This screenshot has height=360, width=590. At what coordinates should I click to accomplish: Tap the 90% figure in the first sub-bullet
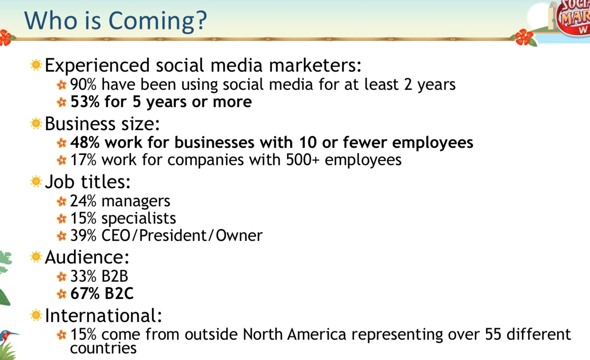pyautogui.click(x=83, y=84)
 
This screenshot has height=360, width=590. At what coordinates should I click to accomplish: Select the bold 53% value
pyautogui.click(x=85, y=102)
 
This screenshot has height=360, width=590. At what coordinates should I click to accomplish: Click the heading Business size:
pyautogui.click(x=102, y=123)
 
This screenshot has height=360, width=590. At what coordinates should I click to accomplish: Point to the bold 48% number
pyautogui.click(x=85, y=142)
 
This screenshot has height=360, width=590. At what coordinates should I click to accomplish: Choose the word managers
pyautogui.click(x=136, y=202)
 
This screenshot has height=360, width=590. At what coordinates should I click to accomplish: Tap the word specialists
pyautogui.click(x=139, y=218)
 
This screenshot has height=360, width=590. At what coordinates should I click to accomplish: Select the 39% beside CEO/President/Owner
pyautogui.click(x=83, y=235)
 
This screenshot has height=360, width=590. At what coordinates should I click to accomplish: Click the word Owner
pyautogui.click(x=239, y=235)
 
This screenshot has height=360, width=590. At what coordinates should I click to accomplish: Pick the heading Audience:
pyautogui.click(x=87, y=257)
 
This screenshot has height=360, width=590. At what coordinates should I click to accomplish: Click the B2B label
pyautogui.click(x=115, y=276)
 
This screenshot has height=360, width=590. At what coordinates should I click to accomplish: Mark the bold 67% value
pyautogui.click(x=85, y=293)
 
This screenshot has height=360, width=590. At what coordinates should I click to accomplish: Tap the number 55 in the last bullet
pyautogui.click(x=493, y=334)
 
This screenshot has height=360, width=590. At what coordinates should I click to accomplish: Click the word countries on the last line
pyautogui.click(x=103, y=348)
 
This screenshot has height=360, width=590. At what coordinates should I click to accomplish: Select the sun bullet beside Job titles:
pyautogui.click(x=36, y=182)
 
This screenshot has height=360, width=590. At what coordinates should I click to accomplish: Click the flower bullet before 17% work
pyautogui.click(x=62, y=160)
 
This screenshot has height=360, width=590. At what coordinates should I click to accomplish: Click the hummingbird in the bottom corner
pyautogui.click(x=7, y=337)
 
